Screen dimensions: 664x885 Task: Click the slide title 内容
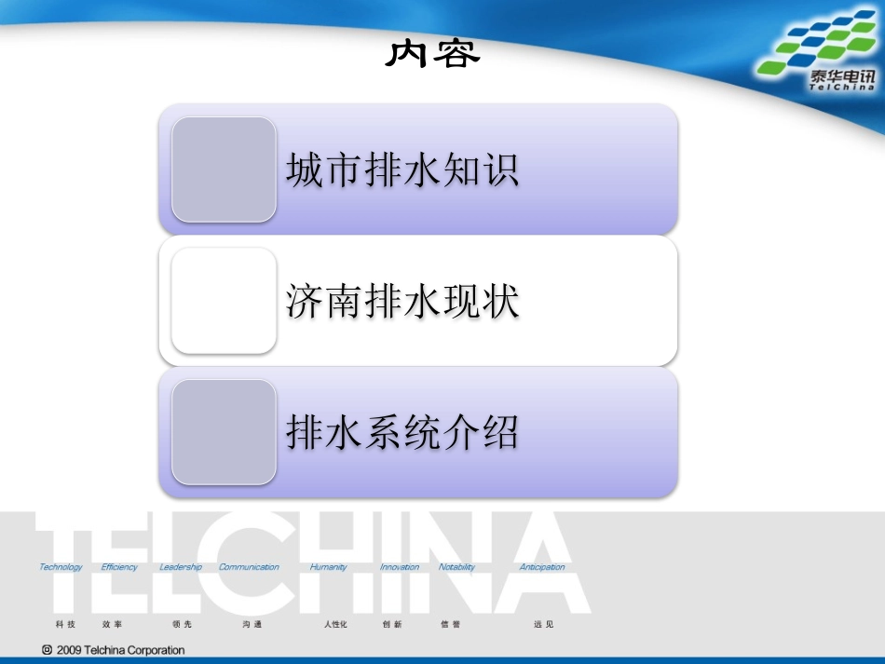433,54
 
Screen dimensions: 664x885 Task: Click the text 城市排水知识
402,170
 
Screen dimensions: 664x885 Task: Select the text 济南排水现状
402,302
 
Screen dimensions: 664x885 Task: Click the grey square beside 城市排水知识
224,169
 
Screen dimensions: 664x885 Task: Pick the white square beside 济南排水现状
224,301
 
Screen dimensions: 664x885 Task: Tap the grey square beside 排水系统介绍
224,432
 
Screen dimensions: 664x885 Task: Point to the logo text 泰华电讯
841,78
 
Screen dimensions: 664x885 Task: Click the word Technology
61,567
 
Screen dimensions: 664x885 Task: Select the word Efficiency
119,567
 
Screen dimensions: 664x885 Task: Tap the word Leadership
181,567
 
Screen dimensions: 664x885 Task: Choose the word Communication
249,567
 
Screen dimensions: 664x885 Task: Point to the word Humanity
328,567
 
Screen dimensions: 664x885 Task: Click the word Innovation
400,567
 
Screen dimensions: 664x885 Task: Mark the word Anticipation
542,567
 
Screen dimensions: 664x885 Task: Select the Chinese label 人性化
335,624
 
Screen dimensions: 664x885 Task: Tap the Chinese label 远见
543,624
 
